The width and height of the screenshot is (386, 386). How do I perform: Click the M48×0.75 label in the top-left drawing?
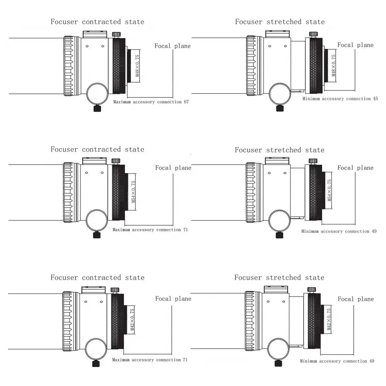click(x=138, y=66)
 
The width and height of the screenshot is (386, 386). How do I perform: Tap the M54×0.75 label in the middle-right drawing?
click(x=329, y=190)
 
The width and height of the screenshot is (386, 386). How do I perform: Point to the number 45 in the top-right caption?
click(x=376, y=99)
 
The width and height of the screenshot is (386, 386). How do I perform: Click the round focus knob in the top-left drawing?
click(x=97, y=94)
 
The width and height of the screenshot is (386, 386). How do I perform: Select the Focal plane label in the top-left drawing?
click(x=173, y=46)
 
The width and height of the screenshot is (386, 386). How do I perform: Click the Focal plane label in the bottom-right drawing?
click(x=356, y=299)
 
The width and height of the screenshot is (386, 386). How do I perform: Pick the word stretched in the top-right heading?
click(x=284, y=22)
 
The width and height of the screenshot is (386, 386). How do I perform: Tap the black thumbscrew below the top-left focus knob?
click(x=97, y=109)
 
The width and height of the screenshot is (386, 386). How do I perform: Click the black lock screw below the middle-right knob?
click(x=279, y=235)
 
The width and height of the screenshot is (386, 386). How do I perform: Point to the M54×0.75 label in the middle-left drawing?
click(x=134, y=192)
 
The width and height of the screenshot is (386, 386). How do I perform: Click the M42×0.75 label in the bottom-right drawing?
click(x=329, y=320)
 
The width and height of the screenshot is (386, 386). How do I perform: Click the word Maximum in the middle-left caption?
click(x=121, y=230)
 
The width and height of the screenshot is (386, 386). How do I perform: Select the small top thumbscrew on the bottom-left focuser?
click(x=115, y=289)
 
